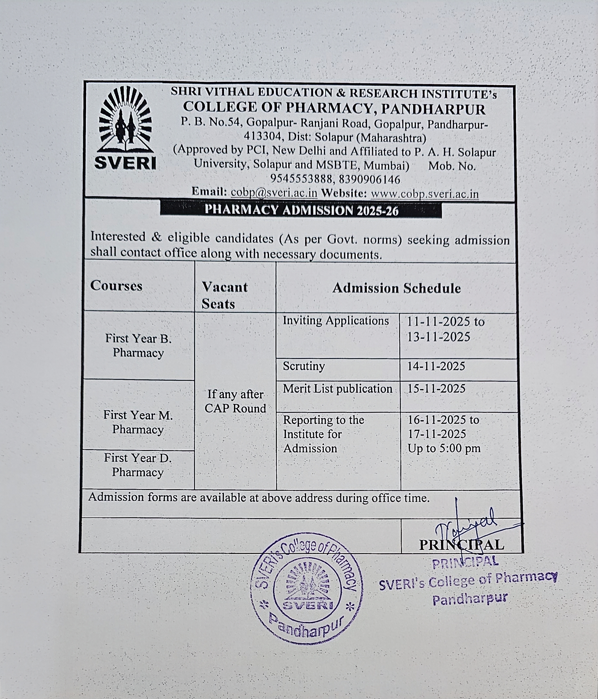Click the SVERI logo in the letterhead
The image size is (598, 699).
[x=125, y=128]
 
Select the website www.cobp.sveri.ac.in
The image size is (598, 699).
[x=424, y=194]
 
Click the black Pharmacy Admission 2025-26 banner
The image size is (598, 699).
[x=301, y=210]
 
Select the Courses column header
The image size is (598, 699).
[x=116, y=286]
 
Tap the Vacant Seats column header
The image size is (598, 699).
[x=224, y=295]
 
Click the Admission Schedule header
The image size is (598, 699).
[x=396, y=288]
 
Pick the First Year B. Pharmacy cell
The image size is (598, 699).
[x=138, y=346]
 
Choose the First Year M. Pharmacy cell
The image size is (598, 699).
[x=138, y=422]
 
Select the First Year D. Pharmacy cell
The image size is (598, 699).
[x=138, y=465]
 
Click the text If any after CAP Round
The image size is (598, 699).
[x=235, y=401]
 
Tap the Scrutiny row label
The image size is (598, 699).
[x=304, y=366]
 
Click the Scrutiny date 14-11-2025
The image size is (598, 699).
[x=436, y=366]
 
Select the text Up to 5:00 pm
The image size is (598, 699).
[x=444, y=448]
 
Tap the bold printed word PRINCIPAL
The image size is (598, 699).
[x=461, y=545]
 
